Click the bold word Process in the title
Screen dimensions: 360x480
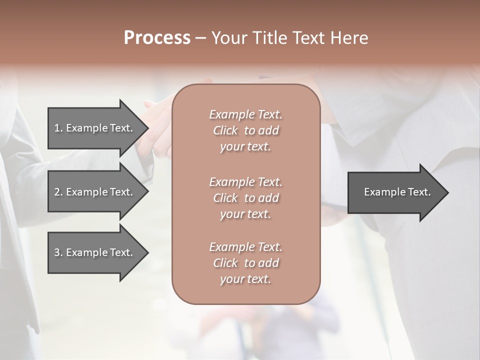tap(157, 38)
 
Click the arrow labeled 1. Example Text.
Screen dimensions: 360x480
tap(93, 128)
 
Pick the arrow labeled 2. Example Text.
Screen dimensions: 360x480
tap(93, 192)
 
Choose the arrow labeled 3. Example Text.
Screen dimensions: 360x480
tap(93, 252)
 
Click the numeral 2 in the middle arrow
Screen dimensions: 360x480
tap(57, 192)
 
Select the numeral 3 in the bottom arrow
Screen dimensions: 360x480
tap(57, 252)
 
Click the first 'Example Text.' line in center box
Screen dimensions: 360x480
tap(245, 114)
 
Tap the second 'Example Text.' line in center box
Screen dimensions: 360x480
tap(245, 181)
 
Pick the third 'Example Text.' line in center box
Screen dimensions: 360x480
tap(245, 247)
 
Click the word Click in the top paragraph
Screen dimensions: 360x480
tap(225, 130)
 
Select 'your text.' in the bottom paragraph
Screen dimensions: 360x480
tap(245, 279)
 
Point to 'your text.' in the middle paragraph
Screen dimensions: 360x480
tap(245, 214)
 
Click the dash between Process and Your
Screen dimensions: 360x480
tap(201, 38)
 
